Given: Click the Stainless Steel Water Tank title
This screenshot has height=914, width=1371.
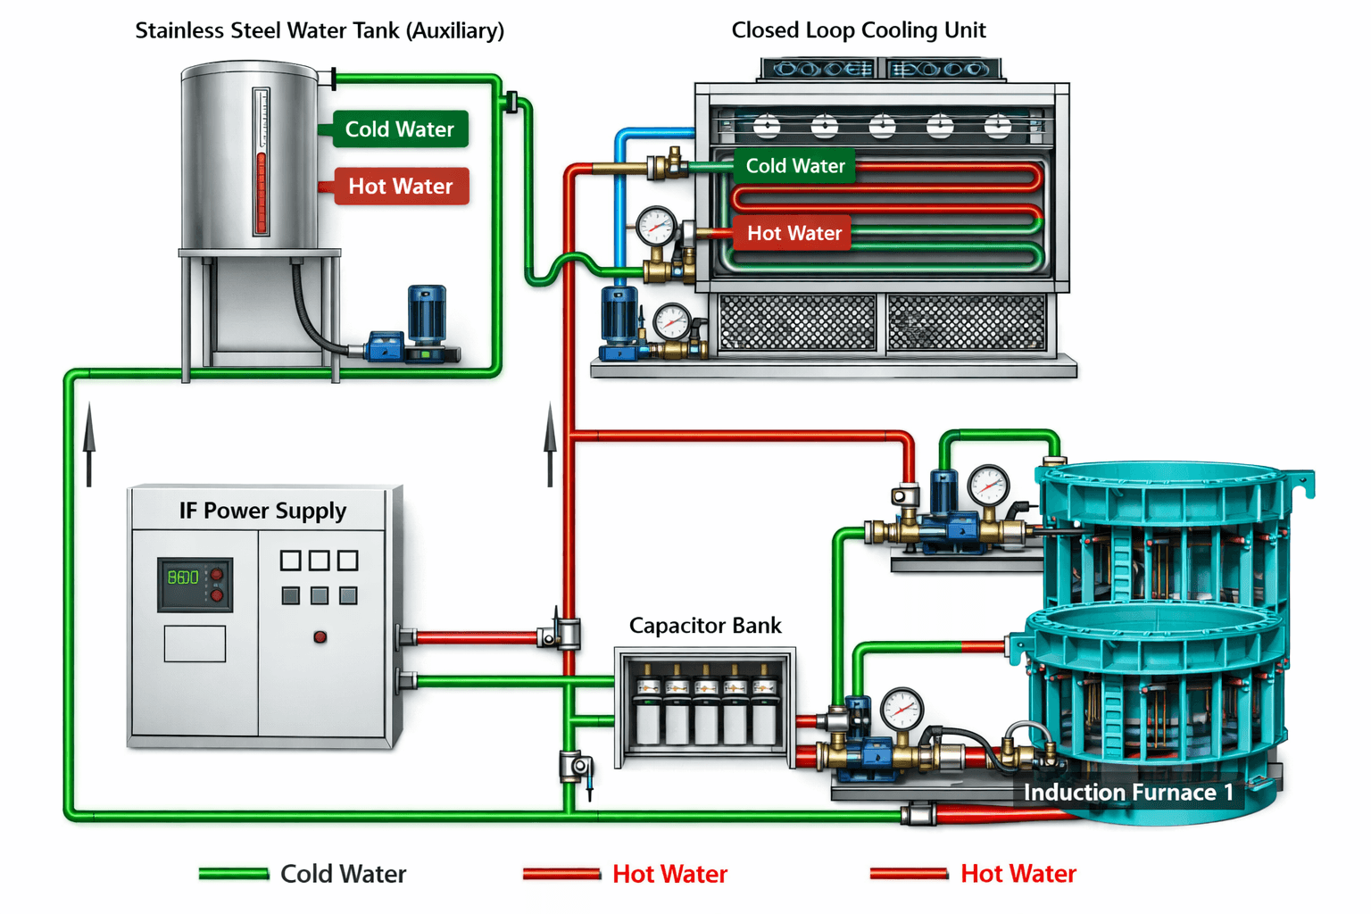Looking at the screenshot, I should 320,30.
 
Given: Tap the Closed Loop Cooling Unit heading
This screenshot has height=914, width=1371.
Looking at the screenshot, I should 858,30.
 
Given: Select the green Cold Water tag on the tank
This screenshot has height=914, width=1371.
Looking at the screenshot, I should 399,129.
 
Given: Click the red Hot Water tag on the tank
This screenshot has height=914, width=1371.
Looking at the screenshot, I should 401,187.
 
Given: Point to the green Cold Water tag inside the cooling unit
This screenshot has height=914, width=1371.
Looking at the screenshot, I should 794,166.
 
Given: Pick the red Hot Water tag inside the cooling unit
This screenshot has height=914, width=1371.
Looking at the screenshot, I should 794,233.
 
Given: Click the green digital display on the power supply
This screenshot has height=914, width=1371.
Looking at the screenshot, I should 184,577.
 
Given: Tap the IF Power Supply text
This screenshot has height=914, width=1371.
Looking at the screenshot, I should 262,511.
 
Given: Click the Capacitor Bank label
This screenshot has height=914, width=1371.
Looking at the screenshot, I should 705,626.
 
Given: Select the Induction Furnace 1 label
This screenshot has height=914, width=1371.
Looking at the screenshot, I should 1128,793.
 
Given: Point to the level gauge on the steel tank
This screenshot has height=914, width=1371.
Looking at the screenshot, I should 261,161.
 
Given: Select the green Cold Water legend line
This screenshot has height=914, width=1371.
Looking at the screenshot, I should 234,874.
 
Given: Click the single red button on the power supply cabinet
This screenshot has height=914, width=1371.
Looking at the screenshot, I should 320,636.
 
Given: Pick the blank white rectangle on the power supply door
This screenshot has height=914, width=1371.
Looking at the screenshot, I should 195,644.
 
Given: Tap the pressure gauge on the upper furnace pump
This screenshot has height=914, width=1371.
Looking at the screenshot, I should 988,486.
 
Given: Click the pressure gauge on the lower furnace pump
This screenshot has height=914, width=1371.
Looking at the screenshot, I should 902,710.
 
